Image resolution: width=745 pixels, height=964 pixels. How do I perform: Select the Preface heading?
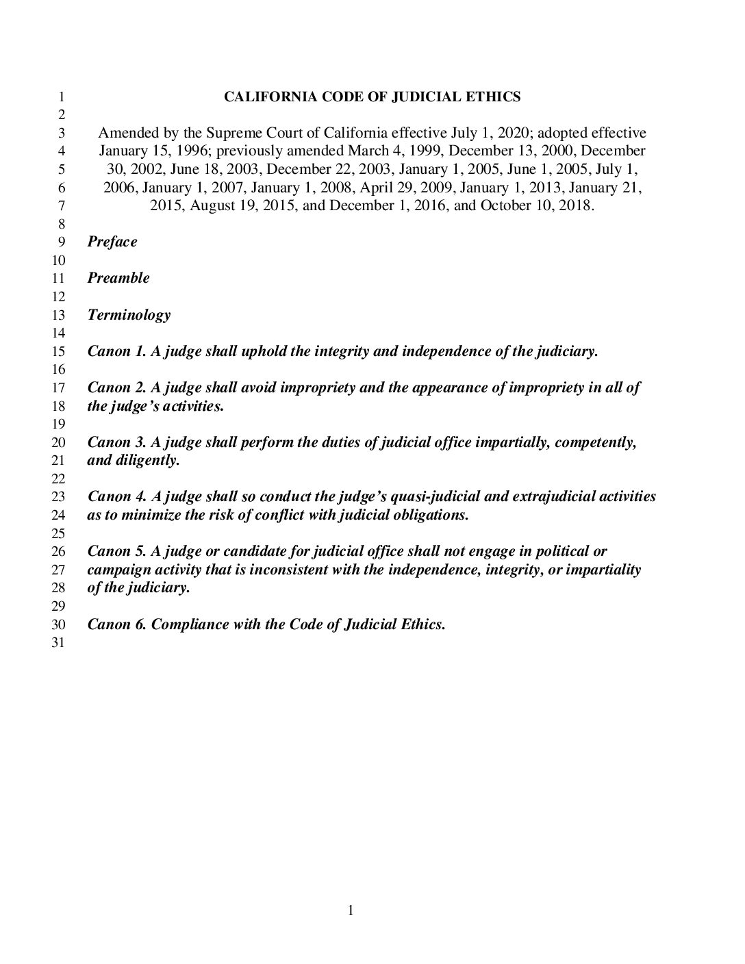(112, 242)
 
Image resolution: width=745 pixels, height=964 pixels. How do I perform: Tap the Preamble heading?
(118, 278)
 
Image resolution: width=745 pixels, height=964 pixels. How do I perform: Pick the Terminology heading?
(129, 315)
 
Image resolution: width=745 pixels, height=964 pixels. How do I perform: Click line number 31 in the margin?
(58, 643)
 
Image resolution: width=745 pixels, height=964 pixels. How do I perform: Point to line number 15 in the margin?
(58, 352)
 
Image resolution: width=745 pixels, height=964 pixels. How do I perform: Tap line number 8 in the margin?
(60, 224)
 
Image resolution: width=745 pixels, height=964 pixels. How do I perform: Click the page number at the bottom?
(351, 910)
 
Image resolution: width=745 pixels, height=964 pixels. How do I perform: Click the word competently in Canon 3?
(595, 442)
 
